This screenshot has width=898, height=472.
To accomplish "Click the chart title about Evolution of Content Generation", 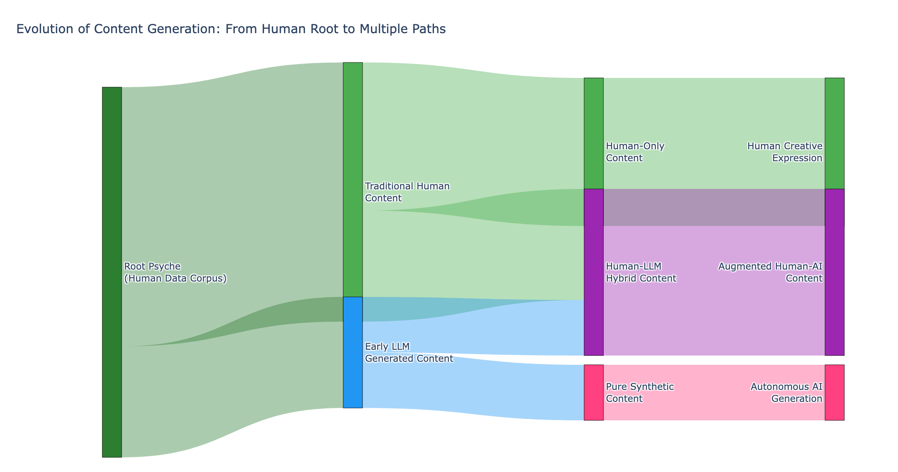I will tap(231, 29).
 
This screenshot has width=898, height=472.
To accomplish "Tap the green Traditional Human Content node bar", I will tap(352, 179).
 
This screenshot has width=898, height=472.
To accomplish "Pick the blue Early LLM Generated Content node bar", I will tap(352, 352).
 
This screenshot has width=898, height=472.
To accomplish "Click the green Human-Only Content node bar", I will tap(593, 133).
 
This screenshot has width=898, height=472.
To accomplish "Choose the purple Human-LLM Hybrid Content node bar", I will tap(593, 272).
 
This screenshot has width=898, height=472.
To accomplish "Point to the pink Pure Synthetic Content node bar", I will tap(593, 392).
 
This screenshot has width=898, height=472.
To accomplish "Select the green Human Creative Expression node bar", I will tap(834, 133).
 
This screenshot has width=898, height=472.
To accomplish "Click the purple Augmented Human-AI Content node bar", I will tap(834, 272).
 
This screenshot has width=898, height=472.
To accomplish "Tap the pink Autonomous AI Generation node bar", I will tap(834, 392).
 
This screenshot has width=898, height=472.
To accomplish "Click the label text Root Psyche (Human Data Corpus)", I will tap(175, 272).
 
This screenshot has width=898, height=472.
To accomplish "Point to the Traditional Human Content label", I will tap(407, 192).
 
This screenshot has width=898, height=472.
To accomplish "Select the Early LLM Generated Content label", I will tap(408, 352).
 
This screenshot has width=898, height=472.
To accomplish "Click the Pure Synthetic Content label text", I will tap(639, 393).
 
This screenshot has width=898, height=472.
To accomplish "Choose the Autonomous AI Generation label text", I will tap(786, 393).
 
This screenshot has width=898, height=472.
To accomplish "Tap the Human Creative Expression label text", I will tap(784, 152).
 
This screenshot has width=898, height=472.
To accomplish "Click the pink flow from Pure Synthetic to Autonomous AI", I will tap(714, 392).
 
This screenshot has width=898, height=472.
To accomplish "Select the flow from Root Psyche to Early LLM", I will tap(232, 386).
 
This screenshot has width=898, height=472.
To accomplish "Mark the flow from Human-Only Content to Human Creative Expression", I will tap(714, 116).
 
